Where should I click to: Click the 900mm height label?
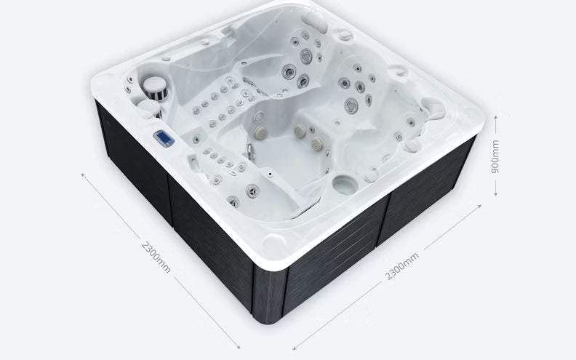(x=495, y=154)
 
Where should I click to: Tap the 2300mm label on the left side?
(x=156, y=256)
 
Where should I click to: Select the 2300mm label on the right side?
(x=401, y=267)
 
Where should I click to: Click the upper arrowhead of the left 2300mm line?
(x=81, y=174)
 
